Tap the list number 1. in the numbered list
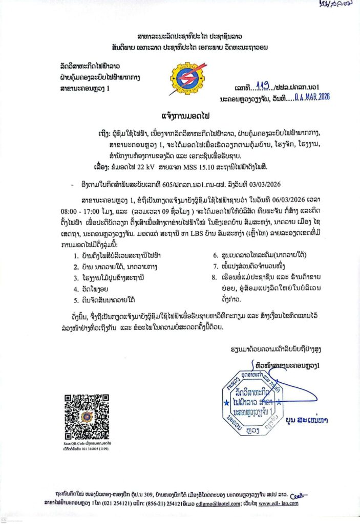(75, 255)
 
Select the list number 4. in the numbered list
(75, 289)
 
